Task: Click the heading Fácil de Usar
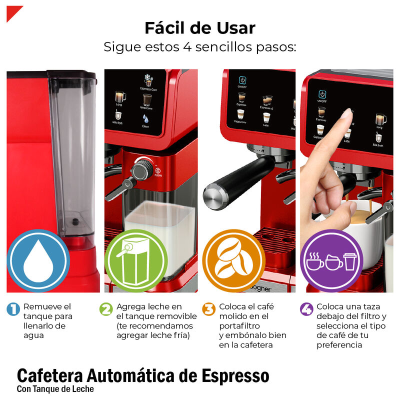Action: tap(199, 27)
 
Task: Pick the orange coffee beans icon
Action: tap(233, 260)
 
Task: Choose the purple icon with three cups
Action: tap(330, 260)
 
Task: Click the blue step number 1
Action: tap(13, 309)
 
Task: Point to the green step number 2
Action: tap(106, 309)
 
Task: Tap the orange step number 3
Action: tap(208, 309)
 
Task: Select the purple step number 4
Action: tap(306, 309)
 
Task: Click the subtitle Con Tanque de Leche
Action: tap(55, 389)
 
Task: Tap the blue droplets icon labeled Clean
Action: tap(145, 119)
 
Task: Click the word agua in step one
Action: tap(33, 335)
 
